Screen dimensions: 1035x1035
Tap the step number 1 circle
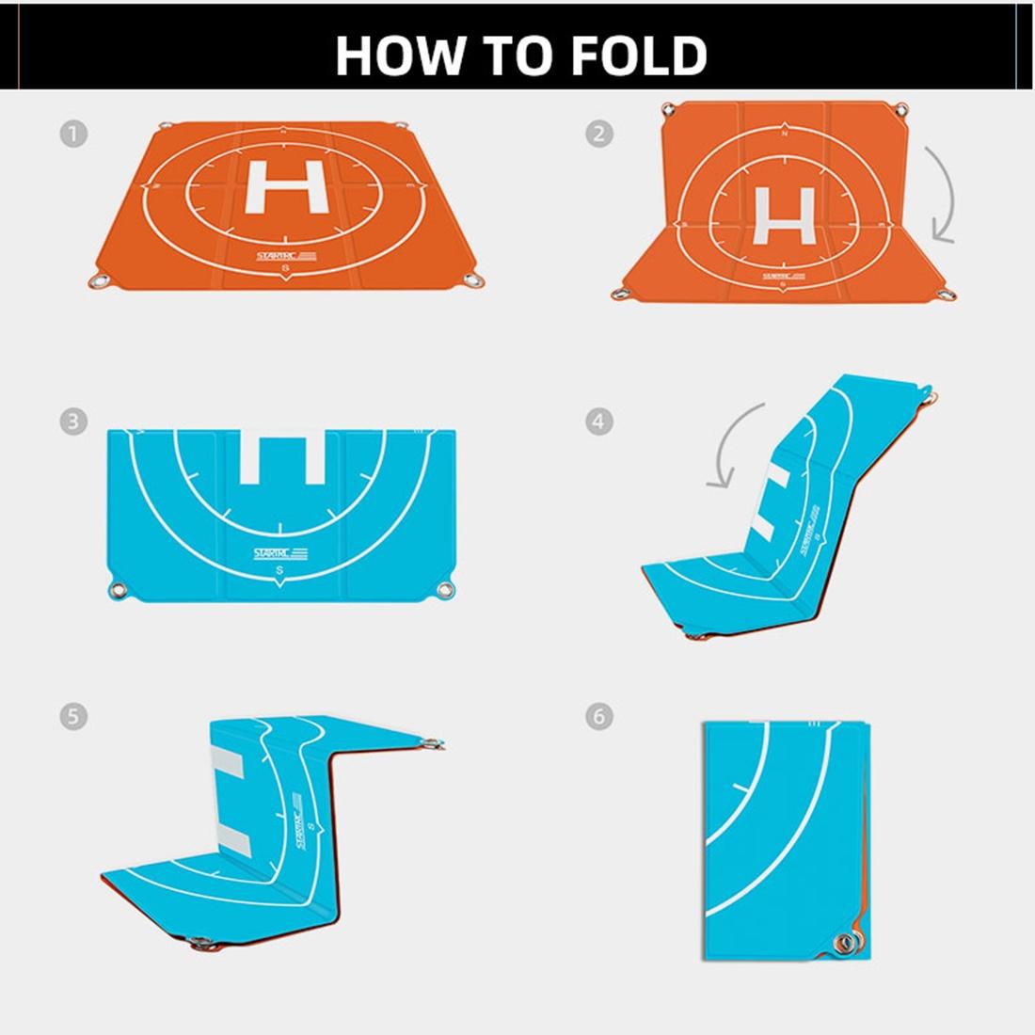73,134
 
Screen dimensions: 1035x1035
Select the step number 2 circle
598,134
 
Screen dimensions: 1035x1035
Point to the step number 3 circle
73,421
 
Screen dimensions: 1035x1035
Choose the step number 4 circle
598,421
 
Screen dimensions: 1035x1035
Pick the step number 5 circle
73,717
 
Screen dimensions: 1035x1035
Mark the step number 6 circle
598,717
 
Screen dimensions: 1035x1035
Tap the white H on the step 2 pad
788,215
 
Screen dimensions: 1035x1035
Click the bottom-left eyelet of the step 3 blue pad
118,591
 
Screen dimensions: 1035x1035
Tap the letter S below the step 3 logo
279,572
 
